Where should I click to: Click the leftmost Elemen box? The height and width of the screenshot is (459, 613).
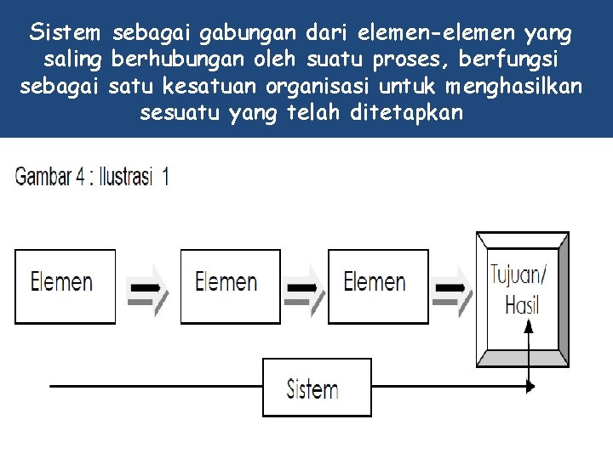pyautogui.click(x=65, y=285)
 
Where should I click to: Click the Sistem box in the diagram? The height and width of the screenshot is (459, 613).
pyautogui.click(x=316, y=388)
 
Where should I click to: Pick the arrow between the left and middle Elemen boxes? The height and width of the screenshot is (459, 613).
pyautogui.click(x=148, y=288)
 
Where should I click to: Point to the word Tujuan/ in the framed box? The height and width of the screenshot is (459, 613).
pyautogui.click(x=519, y=274)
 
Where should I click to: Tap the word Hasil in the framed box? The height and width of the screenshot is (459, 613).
pyautogui.click(x=522, y=304)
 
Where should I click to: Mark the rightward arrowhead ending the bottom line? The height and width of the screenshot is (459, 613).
pyautogui.click(x=530, y=387)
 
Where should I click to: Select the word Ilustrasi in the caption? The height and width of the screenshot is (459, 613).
pyautogui.click(x=128, y=177)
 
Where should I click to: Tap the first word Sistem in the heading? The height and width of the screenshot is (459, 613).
pyautogui.click(x=65, y=34)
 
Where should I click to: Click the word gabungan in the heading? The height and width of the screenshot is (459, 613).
pyautogui.click(x=247, y=34)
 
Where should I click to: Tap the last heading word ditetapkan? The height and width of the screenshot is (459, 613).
pyautogui.click(x=406, y=113)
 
